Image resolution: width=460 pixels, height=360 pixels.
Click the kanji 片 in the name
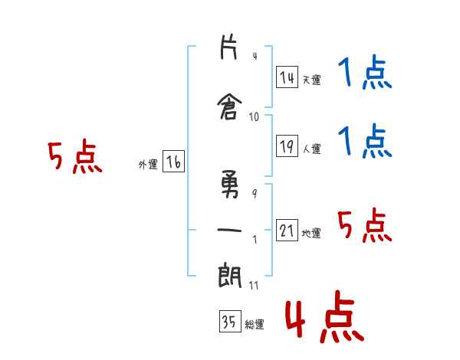point(228,47)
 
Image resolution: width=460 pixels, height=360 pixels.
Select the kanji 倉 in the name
point(230,106)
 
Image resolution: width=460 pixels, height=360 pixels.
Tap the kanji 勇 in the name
point(230,185)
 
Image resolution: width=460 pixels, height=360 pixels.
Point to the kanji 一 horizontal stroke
point(229,230)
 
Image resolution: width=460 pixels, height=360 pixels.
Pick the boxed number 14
point(287,77)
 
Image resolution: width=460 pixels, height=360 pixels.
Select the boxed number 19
point(287,146)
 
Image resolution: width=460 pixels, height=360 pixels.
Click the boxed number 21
point(287,230)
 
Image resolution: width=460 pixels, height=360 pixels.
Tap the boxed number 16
point(173,162)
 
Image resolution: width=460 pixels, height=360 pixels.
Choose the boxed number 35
point(230,321)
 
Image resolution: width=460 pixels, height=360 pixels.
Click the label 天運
point(312,80)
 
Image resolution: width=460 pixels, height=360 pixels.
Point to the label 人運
point(312,149)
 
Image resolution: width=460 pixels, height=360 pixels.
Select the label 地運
point(311,233)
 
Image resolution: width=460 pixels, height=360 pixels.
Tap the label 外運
point(148,165)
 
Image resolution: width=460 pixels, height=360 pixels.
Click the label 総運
point(255,325)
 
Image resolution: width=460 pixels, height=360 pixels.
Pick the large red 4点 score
point(325,316)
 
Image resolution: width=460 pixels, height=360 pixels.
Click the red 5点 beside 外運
point(75,156)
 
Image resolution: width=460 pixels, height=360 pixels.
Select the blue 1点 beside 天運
point(365,71)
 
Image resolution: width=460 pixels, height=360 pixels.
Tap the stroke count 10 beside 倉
point(254,117)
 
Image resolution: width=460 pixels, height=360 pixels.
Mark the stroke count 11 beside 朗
point(254,285)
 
